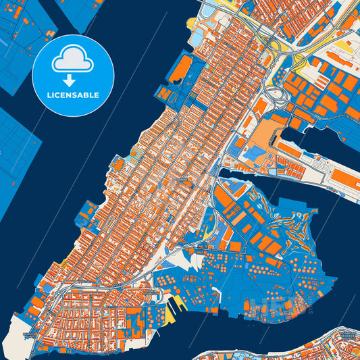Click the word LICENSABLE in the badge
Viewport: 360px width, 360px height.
(72, 95)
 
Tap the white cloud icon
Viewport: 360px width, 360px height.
(72, 61)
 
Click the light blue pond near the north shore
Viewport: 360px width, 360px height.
(203, 23)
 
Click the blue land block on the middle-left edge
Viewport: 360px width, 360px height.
(17, 155)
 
